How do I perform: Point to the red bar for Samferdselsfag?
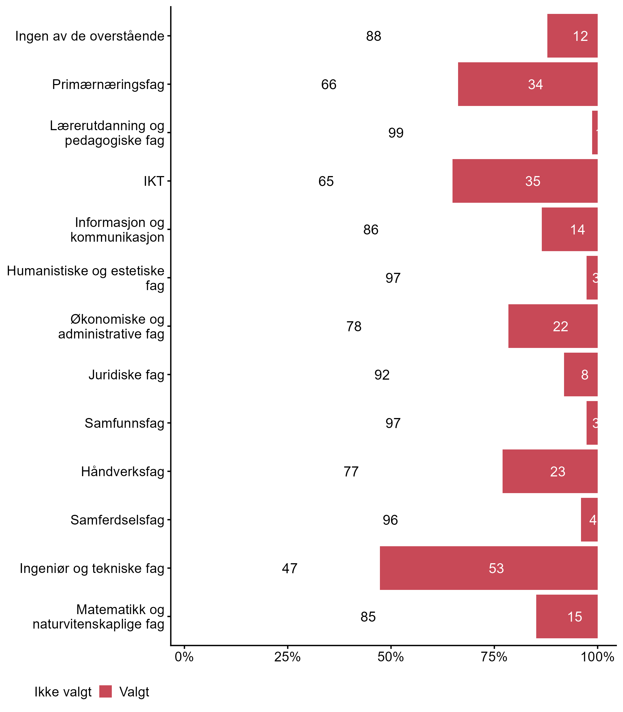pos(589,520)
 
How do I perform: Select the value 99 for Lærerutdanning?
pos(395,133)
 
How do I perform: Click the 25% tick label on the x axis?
pos(287,657)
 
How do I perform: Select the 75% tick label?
pos(494,657)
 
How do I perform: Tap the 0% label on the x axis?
pos(184,657)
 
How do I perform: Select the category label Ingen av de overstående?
pos(90,36)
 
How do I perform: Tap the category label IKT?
pos(154,181)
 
